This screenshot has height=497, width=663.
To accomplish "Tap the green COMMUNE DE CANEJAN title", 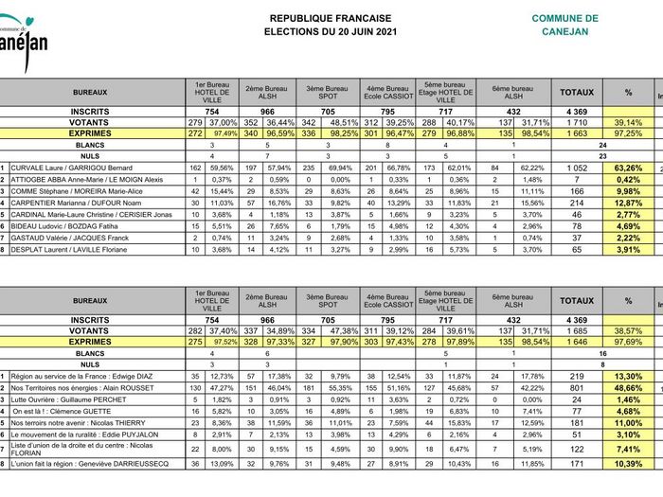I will (x=564, y=25).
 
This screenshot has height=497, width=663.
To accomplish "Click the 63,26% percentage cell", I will (x=628, y=168).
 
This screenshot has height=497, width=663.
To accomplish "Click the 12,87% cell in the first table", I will (x=628, y=203).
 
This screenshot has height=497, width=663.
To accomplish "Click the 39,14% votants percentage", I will (x=628, y=123).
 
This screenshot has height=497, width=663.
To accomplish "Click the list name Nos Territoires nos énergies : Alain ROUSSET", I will (x=80, y=388).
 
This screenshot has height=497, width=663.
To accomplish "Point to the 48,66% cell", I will (x=628, y=388).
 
